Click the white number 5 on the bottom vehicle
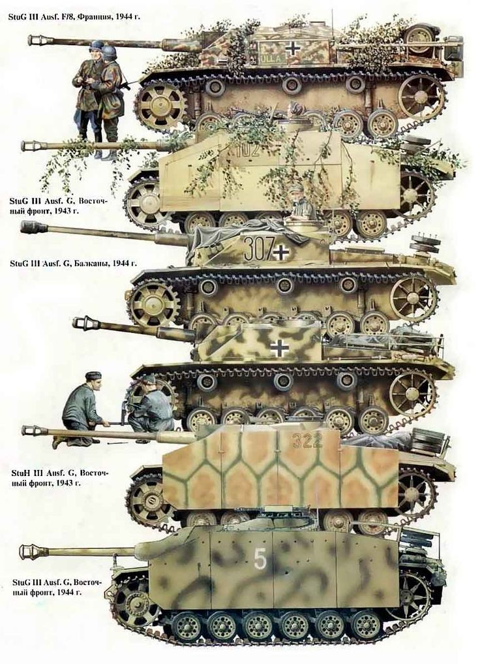[260, 560]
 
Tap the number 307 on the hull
[258, 249]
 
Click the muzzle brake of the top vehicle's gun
[40, 40]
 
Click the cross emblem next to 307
[282, 252]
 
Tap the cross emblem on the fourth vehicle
[279, 347]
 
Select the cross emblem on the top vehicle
[292, 49]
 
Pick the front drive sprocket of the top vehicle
[160, 104]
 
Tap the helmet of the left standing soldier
[97, 45]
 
